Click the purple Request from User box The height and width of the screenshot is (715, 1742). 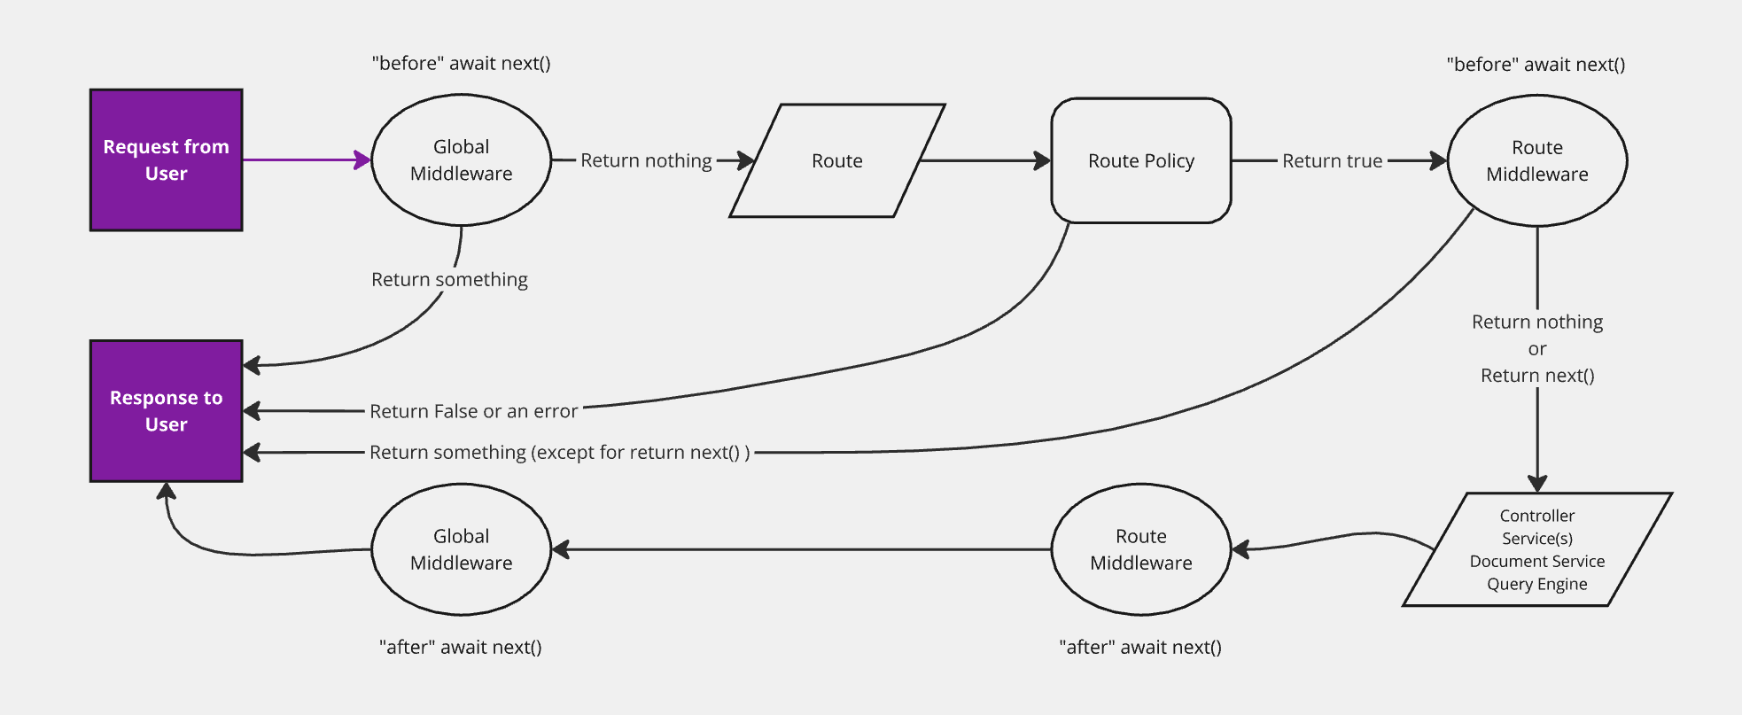coord(166,159)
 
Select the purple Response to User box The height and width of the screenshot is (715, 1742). coord(166,410)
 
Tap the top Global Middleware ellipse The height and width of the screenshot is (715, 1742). coord(461,160)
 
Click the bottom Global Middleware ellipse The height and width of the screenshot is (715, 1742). coord(461,549)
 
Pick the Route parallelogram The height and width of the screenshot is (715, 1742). coord(836,160)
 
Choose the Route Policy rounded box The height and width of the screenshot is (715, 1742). coord(1140,160)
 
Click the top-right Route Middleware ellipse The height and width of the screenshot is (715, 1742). coord(1536,160)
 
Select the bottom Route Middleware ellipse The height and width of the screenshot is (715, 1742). coord(1140,549)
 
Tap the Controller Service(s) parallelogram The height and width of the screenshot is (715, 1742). coord(1536,549)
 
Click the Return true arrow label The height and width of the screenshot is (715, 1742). coord(1332,160)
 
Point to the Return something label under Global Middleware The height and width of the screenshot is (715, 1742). coord(449,279)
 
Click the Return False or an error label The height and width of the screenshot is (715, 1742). coord(473,411)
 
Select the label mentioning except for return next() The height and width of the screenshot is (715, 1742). coord(559,452)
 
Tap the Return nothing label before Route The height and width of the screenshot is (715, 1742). coord(646,160)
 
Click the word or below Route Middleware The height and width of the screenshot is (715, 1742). coord(1536,349)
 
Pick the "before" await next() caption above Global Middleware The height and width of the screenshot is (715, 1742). coord(461,63)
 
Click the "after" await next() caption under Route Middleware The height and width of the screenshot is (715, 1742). coord(1140,647)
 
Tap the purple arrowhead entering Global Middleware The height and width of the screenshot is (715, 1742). coord(362,160)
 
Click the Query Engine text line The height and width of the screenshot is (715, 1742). coord(1536,584)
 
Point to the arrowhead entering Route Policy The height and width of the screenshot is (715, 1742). coord(1042,160)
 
